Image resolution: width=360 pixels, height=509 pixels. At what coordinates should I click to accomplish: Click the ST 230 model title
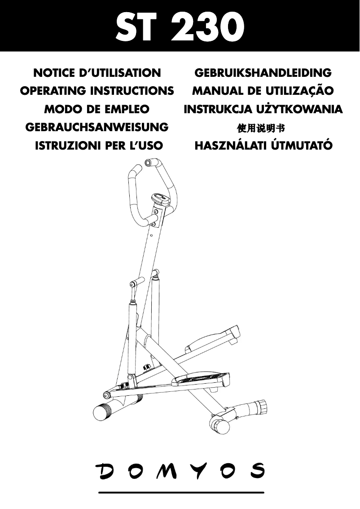click(x=180, y=28)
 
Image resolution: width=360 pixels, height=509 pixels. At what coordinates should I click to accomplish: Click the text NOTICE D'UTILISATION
click(x=97, y=73)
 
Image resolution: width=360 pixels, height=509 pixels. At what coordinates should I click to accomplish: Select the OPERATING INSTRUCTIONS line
click(x=97, y=91)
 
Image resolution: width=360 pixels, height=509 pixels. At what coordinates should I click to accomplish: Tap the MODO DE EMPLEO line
click(x=97, y=109)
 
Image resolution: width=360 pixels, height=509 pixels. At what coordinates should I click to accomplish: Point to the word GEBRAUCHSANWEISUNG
click(x=97, y=127)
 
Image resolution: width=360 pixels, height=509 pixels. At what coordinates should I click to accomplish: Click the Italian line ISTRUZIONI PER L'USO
click(x=99, y=146)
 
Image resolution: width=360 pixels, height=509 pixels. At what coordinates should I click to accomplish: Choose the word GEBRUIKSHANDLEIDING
click(x=263, y=73)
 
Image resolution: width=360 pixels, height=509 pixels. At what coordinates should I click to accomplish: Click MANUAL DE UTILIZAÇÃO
click(x=263, y=91)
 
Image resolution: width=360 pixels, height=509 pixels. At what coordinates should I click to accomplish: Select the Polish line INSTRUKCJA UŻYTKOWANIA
click(x=263, y=109)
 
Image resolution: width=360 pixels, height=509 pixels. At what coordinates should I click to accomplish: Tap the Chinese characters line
click(x=261, y=128)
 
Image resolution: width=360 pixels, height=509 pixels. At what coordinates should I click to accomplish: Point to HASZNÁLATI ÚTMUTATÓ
click(x=263, y=145)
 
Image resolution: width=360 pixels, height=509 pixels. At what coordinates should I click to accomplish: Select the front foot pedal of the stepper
click(x=201, y=379)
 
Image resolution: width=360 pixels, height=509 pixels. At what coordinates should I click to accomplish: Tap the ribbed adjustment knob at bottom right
click(x=262, y=406)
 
